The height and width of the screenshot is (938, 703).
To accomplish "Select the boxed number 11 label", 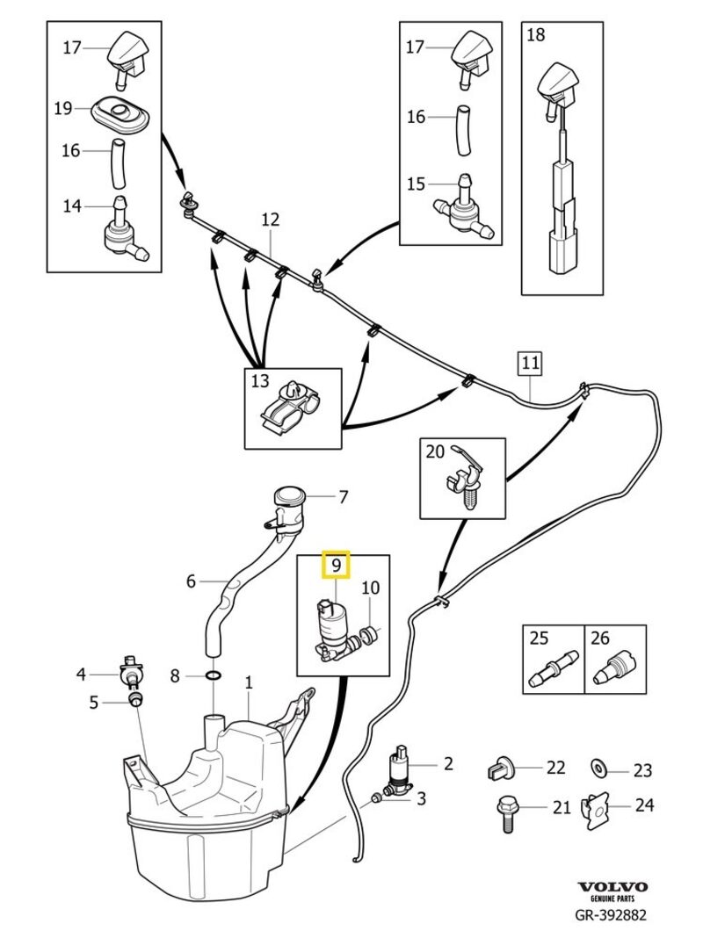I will click(x=529, y=361).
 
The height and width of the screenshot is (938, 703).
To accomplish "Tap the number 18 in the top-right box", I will click(x=535, y=35).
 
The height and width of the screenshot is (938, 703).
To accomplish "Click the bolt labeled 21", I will click(x=508, y=811).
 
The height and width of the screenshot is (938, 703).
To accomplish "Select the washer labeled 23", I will click(x=599, y=769).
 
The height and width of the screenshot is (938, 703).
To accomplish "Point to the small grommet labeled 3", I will click(x=376, y=797).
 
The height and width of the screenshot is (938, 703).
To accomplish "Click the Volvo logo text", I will click(x=612, y=887).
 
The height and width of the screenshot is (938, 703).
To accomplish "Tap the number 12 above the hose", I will click(x=270, y=218).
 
